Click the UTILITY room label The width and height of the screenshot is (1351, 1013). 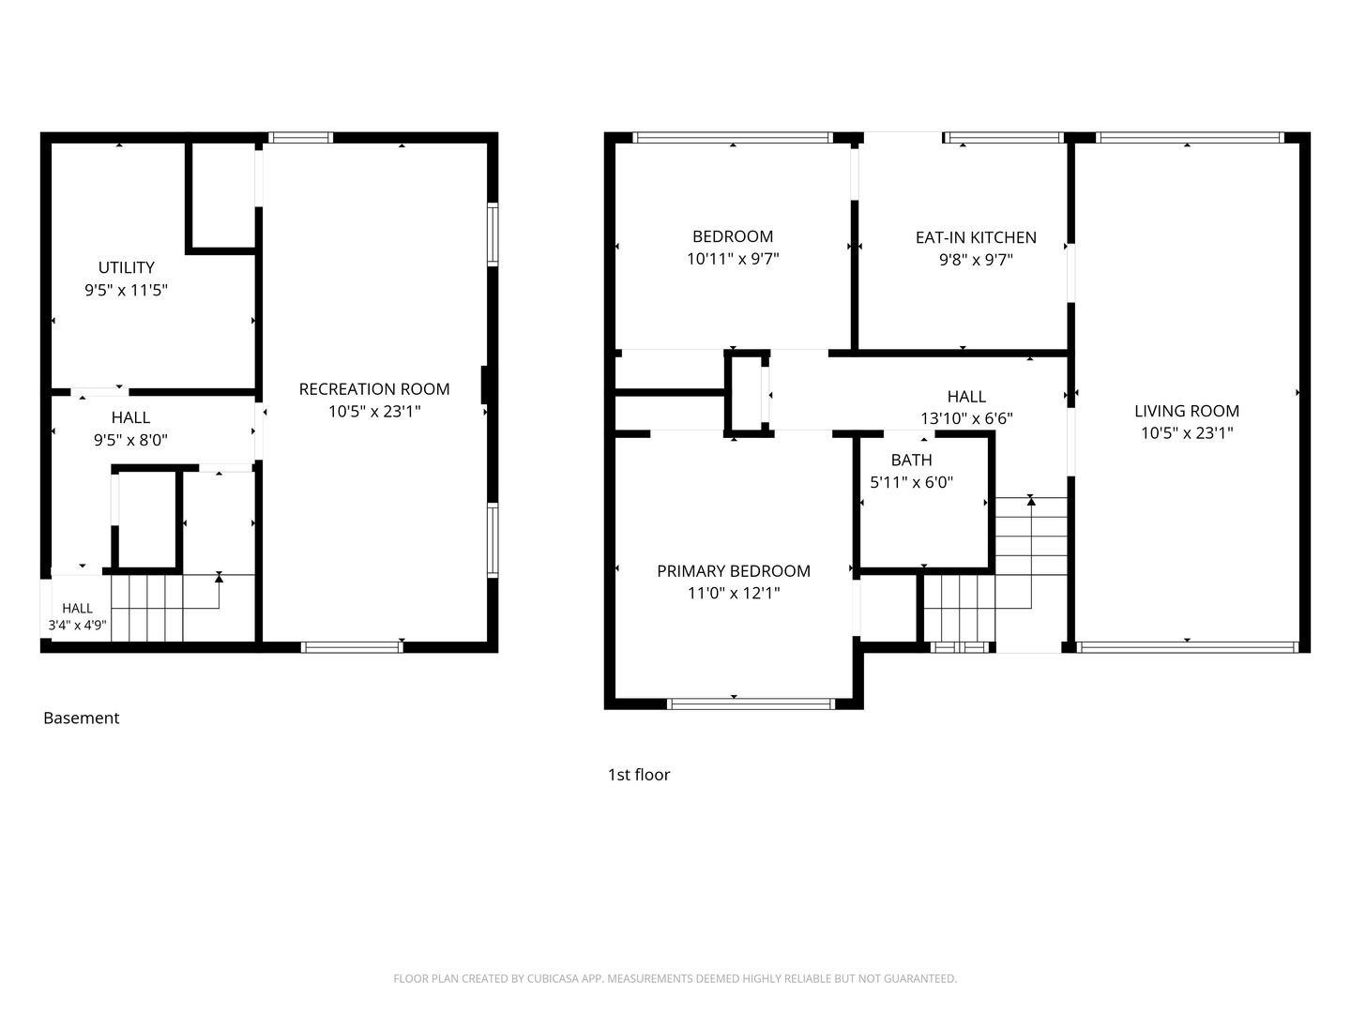coord(126,267)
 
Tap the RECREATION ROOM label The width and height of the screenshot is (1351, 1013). coord(374,389)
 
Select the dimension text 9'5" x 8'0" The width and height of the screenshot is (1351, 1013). coord(130,440)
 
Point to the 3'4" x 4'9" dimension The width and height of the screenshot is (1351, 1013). coord(78,626)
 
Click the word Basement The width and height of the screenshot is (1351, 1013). coord(82,718)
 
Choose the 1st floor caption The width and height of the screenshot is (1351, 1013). coord(639,775)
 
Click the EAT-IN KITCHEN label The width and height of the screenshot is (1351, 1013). coord(976,237)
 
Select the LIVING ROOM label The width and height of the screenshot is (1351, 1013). coord(1187,411)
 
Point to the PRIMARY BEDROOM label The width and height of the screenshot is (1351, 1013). coord(734,571)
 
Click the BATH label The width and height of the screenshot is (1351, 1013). coord(912,460)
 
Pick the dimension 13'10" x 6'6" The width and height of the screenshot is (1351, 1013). coord(966,418)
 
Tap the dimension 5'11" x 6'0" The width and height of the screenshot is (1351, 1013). coord(912,482)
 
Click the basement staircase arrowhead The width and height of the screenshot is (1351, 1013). coord(219,577)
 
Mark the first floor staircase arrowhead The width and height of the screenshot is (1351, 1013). coord(1031,501)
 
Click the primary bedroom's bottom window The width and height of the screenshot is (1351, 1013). coord(751,703)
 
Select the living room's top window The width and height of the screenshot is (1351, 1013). coord(1189,138)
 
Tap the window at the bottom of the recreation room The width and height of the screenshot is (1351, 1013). coord(352,646)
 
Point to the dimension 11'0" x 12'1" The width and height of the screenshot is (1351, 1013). coord(734,593)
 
